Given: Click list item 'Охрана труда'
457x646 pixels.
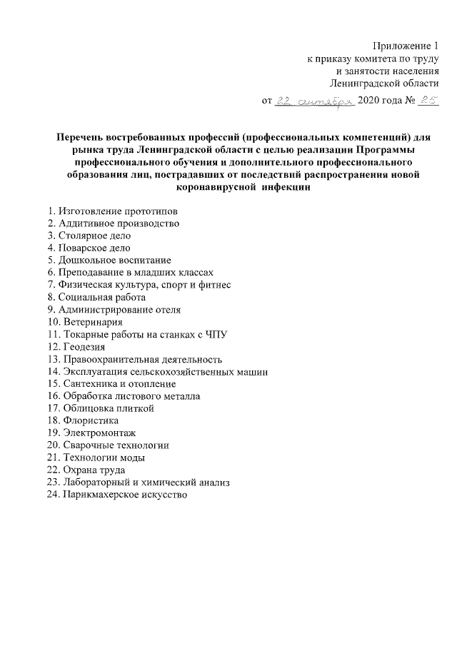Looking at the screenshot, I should pyautogui.click(x=94, y=470).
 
